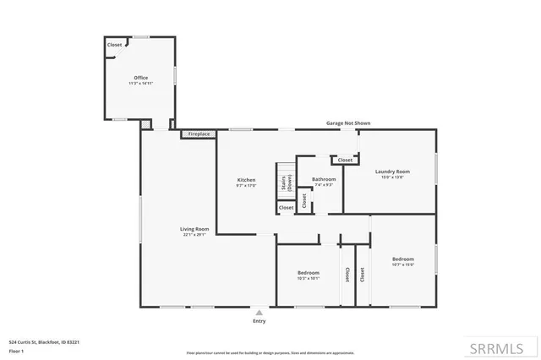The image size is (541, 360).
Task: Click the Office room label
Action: tap(140, 78)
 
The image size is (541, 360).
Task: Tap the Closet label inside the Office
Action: tap(114, 45)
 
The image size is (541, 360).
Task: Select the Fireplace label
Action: tap(199, 134)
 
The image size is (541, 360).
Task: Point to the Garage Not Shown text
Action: tap(348, 123)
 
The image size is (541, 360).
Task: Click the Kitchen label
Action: tap(246, 180)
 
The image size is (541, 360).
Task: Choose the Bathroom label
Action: tap(324, 179)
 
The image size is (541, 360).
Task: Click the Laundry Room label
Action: tap(392, 172)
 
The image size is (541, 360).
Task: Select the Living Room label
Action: tap(193, 229)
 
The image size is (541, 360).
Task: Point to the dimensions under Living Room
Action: tap(193, 235)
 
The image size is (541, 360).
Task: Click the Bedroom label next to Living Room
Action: tap(308, 272)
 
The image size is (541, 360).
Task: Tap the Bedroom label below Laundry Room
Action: tap(402, 259)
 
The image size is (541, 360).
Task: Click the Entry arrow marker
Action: tap(259, 312)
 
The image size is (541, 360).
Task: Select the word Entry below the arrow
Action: tap(259, 321)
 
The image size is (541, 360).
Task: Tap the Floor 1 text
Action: tap(16, 349)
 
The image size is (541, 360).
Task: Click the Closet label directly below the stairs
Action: tap(287, 207)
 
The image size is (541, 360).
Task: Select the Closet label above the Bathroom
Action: tap(345, 160)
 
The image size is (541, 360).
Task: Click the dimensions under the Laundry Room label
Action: tap(392, 177)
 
